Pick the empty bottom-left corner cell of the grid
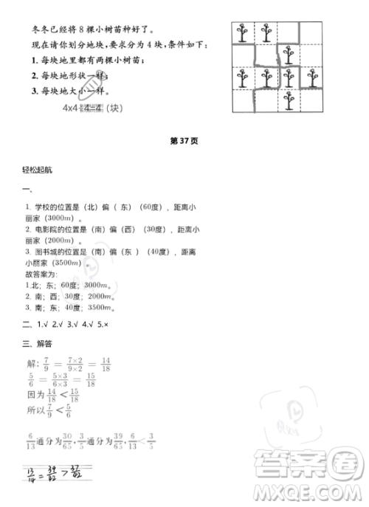point(241,100)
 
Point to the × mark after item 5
point(108,323)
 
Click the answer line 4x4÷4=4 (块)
point(92,108)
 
